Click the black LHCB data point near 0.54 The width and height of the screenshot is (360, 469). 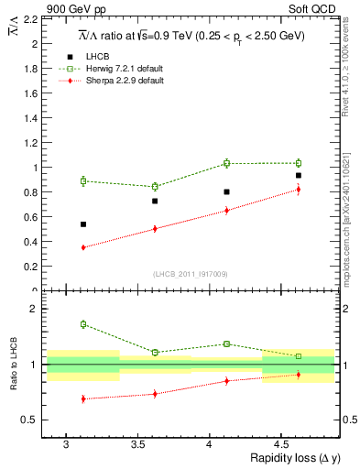click(x=83, y=224)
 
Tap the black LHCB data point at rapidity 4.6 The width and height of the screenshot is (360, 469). click(x=299, y=175)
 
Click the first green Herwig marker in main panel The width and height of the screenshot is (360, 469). click(x=83, y=180)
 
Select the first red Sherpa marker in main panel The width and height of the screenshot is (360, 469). click(x=83, y=247)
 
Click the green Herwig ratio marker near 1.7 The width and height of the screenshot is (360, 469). click(x=83, y=324)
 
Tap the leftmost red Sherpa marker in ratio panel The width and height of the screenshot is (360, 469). click(x=83, y=398)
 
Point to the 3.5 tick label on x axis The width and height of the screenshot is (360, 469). click(x=138, y=443)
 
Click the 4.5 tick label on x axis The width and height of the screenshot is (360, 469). click(x=282, y=443)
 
